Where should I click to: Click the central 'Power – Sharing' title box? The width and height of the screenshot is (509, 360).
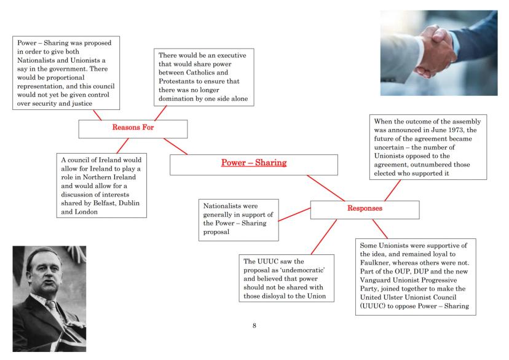tap(254, 164)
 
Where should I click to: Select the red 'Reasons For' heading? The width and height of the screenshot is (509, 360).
tap(133, 128)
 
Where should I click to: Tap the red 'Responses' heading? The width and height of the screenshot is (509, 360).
tap(365, 209)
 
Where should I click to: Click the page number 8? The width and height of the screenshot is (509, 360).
tap(254, 325)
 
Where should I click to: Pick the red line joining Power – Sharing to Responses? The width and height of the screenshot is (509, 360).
tap(325, 188)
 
